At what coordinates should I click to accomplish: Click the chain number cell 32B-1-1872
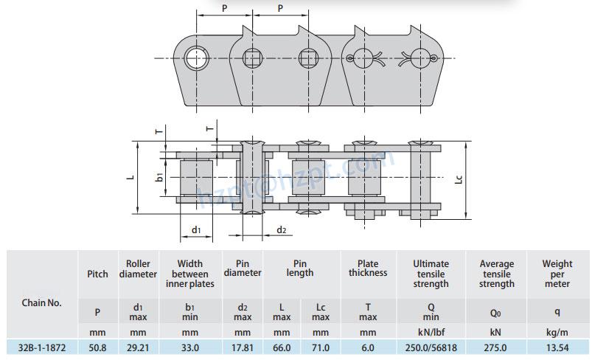(x=42, y=347)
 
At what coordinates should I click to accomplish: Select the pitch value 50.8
(x=97, y=347)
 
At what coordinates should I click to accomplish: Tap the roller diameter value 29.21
(x=138, y=347)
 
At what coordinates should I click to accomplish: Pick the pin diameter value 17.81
(x=243, y=347)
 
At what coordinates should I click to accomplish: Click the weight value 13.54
(x=557, y=347)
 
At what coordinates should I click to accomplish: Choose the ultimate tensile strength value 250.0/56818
(x=431, y=347)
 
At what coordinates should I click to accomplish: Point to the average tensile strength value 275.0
(x=495, y=347)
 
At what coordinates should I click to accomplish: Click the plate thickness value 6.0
(x=368, y=347)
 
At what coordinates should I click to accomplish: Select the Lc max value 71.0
(x=321, y=347)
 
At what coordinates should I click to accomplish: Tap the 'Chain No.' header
(x=41, y=302)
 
